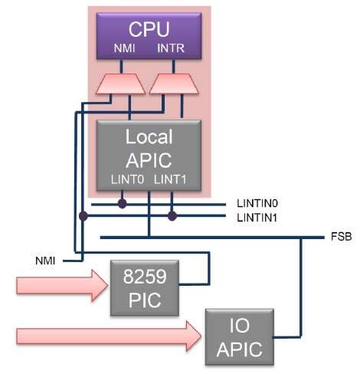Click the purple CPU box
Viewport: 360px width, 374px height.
coord(149,36)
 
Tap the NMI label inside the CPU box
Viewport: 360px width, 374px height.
coord(124,48)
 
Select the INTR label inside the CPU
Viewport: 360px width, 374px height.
coord(171,48)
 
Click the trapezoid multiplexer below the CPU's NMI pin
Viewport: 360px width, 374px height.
coord(121,84)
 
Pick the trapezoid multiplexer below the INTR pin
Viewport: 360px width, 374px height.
coord(174,84)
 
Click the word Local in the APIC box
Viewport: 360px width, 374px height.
coord(149,136)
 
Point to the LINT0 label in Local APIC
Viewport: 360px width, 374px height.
coord(127,179)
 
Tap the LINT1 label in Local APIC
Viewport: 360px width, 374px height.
coord(170,179)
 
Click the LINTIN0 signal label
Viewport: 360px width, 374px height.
coord(257,204)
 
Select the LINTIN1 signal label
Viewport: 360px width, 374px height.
coord(257,218)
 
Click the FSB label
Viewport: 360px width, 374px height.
coord(342,237)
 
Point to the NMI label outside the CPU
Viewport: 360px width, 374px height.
coord(45,261)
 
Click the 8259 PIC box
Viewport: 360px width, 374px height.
coord(145,288)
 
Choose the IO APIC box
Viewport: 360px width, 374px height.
coord(240,336)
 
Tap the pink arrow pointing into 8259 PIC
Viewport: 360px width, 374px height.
coord(62,286)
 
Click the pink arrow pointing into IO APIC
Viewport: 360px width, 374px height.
coord(109,336)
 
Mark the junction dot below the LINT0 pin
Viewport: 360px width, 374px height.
coord(123,204)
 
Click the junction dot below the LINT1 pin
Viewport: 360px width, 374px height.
coord(172,216)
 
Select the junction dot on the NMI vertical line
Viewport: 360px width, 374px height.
coord(83,216)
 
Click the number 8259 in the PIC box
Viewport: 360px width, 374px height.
coord(145,277)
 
